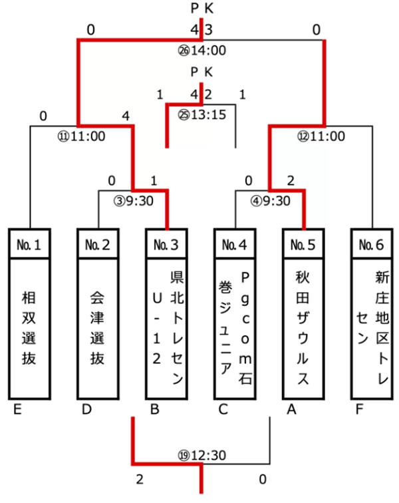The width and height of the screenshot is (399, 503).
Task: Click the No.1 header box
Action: (x=30, y=244)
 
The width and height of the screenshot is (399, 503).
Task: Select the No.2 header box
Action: (x=98, y=244)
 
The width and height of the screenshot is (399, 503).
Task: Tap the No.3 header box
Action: (x=166, y=244)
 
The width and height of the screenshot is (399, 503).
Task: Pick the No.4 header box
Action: (x=235, y=244)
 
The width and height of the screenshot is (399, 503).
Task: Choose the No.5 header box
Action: (x=303, y=244)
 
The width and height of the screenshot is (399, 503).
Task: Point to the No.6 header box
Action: (x=371, y=244)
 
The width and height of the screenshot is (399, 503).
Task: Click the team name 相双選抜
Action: (x=30, y=328)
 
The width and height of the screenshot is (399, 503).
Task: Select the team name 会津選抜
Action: (x=98, y=328)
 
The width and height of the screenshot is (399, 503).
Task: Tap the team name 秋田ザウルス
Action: (x=303, y=328)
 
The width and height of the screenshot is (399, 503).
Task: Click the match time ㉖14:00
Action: (x=201, y=50)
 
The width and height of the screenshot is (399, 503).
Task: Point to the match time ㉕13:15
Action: (x=202, y=114)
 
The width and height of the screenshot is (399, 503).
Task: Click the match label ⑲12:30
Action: (x=202, y=456)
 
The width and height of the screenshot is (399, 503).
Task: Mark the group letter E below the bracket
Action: (x=18, y=410)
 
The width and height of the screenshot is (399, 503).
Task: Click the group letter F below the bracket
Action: (x=360, y=410)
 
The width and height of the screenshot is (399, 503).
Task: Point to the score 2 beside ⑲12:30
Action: (x=138, y=479)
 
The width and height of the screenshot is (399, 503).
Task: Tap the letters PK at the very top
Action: (x=201, y=9)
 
